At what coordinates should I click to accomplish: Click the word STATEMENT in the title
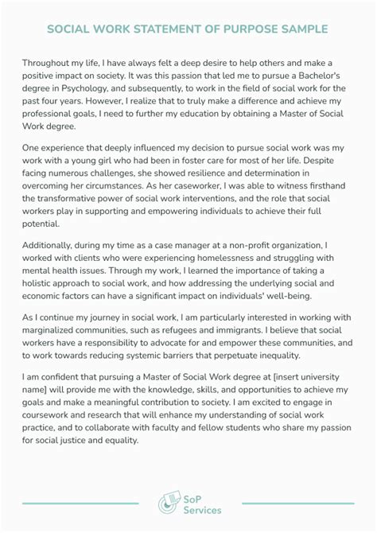coord(176,29)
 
